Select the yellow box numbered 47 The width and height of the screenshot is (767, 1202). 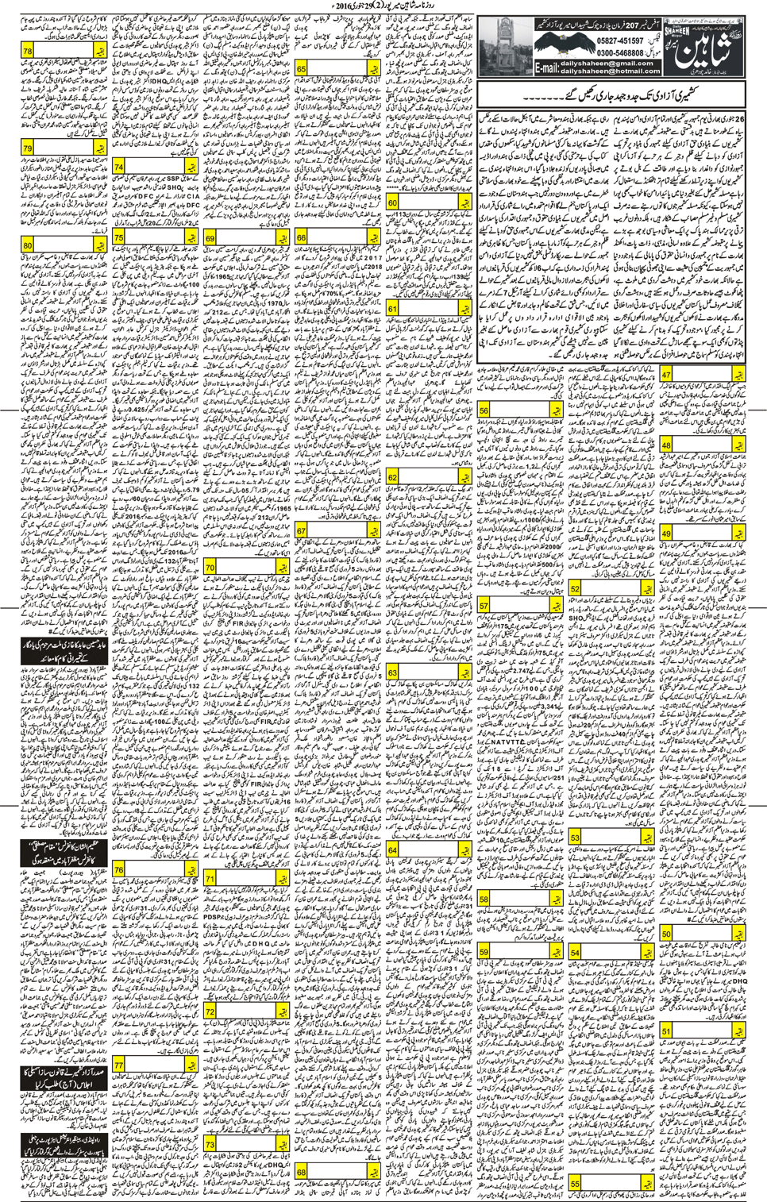665,375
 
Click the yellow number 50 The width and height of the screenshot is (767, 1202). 665,934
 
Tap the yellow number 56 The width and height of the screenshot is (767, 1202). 484,410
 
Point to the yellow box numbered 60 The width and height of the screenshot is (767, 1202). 392,203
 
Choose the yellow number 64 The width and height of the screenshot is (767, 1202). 392,850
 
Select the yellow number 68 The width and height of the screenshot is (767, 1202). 301,1172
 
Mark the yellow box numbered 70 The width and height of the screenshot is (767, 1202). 210,568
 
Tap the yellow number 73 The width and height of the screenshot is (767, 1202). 210,1144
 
